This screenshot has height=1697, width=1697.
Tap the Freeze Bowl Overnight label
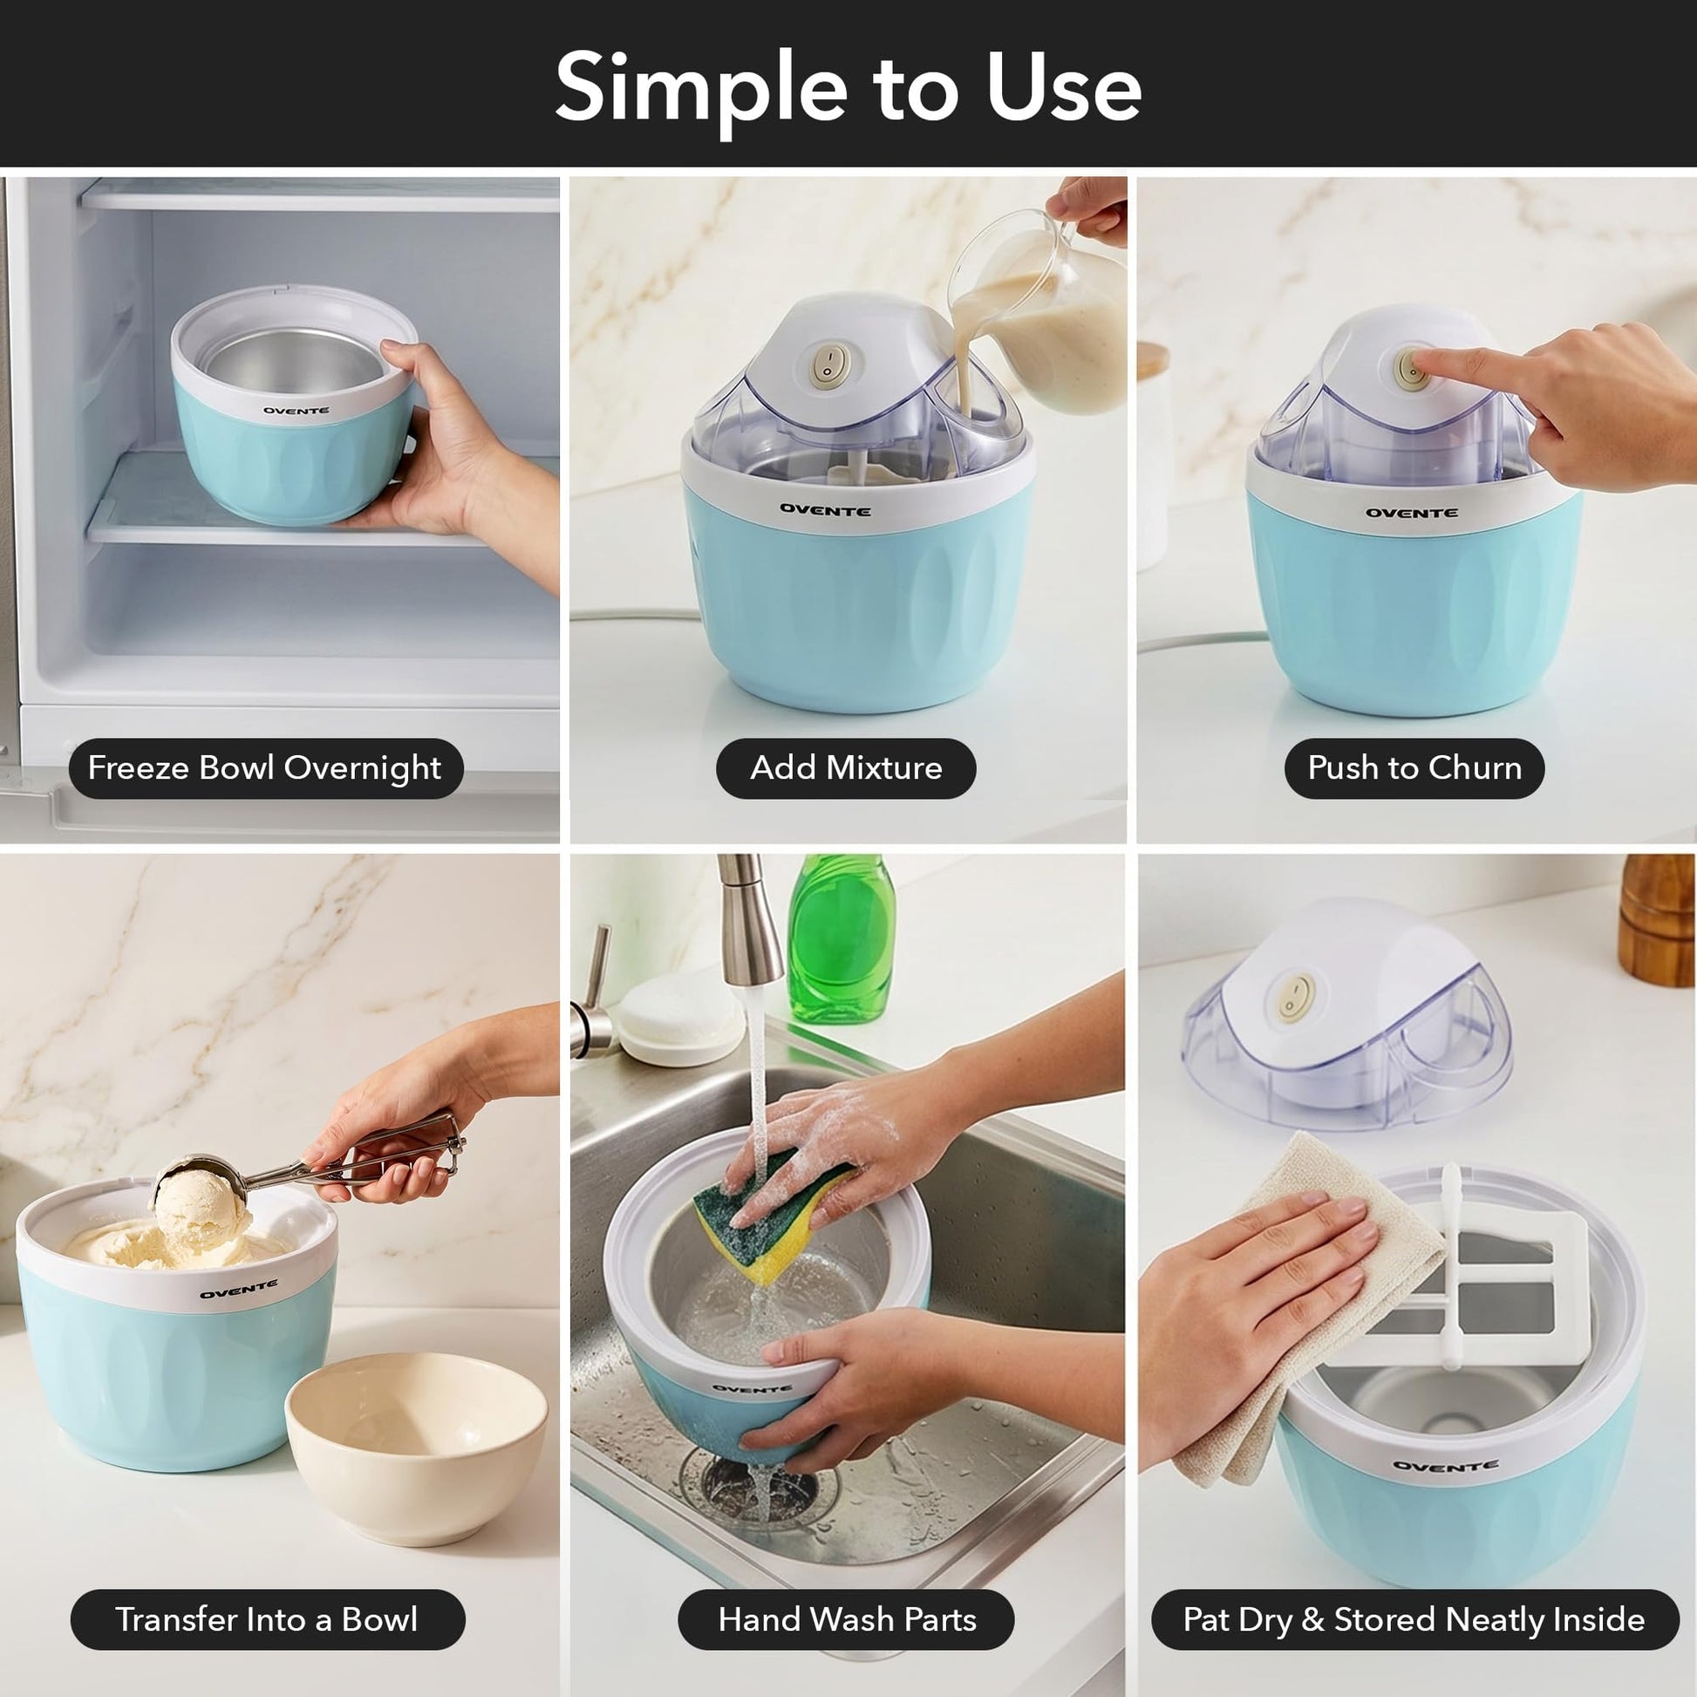(265, 768)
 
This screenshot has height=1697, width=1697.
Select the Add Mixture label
(846, 768)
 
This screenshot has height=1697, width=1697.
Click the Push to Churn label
(1414, 768)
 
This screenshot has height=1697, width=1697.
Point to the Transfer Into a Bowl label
(267, 1619)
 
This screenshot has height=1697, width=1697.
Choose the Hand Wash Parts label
(847, 1619)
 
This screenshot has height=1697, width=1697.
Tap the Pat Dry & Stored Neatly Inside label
(1414, 1619)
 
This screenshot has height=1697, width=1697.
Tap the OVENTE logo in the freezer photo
(296, 410)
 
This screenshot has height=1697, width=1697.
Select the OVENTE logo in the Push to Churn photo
(1412, 513)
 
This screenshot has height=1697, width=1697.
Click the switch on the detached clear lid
(1296, 997)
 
